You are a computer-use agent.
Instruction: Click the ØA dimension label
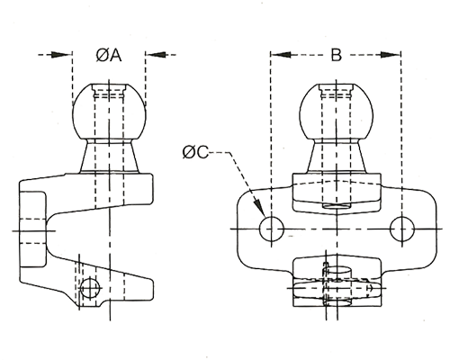click(x=109, y=55)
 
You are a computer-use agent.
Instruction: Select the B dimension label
click(x=336, y=55)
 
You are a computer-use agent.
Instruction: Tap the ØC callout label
click(x=195, y=152)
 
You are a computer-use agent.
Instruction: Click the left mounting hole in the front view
click(x=272, y=229)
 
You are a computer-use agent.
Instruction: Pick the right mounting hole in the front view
click(x=402, y=229)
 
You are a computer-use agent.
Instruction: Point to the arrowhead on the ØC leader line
click(x=260, y=208)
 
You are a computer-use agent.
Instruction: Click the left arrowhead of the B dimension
click(x=281, y=55)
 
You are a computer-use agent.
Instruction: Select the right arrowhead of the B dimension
click(x=391, y=55)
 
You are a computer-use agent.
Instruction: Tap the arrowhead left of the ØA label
click(x=62, y=55)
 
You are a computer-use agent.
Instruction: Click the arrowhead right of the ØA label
click(x=156, y=55)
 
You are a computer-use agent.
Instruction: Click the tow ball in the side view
click(x=109, y=112)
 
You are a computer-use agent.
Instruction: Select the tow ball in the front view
click(x=337, y=112)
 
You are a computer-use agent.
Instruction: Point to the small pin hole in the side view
click(x=89, y=288)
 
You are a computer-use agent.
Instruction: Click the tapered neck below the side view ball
click(x=109, y=156)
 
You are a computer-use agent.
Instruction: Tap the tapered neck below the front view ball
click(x=337, y=156)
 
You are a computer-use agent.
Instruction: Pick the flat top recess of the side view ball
click(x=109, y=91)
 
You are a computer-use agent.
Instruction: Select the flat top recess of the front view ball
click(x=336, y=91)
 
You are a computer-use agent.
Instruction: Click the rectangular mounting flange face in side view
click(x=33, y=229)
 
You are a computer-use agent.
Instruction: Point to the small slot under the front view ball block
click(x=337, y=206)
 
